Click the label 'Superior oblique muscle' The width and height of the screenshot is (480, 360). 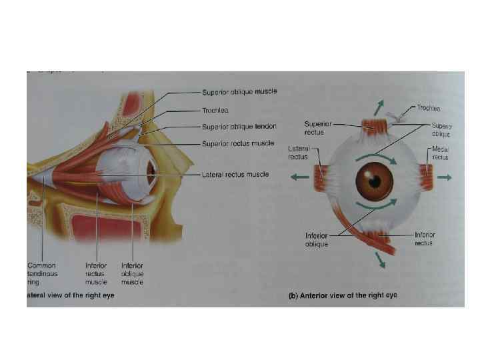[x=239, y=91]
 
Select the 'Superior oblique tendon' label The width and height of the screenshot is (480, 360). [x=239, y=127]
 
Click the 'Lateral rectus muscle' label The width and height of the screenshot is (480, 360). [x=235, y=175]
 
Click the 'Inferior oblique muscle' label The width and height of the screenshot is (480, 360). [x=132, y=273]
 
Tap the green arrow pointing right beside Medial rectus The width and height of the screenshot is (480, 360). [x=445, y=177]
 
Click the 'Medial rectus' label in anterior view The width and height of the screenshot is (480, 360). [x=440, y=153]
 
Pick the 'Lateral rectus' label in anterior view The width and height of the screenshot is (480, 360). [x=297, y=153]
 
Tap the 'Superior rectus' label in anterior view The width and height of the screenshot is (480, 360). [x=317, y=127]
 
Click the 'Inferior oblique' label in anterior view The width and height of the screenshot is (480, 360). [x=317, y=239]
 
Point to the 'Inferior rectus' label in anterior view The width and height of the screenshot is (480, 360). [x=425, y=239]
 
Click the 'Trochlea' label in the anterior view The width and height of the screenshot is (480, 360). [x=428, y=107]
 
